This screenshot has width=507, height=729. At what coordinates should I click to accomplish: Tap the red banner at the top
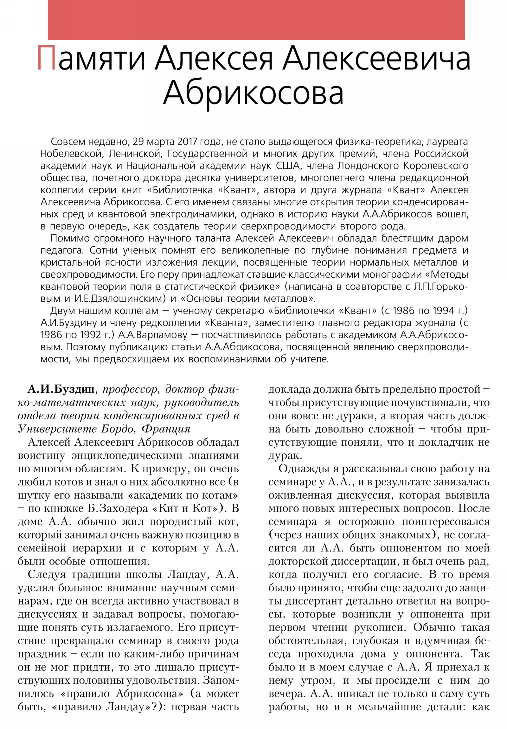[x=256, y=20]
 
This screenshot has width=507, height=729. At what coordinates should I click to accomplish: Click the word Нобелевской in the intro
[x=71, y=154]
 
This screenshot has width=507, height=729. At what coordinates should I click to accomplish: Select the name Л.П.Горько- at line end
[x=440, y=287]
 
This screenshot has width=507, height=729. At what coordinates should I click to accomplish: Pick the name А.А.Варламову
[x=152, y=335]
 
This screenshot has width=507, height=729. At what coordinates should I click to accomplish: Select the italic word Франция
[x=166, y=429]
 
